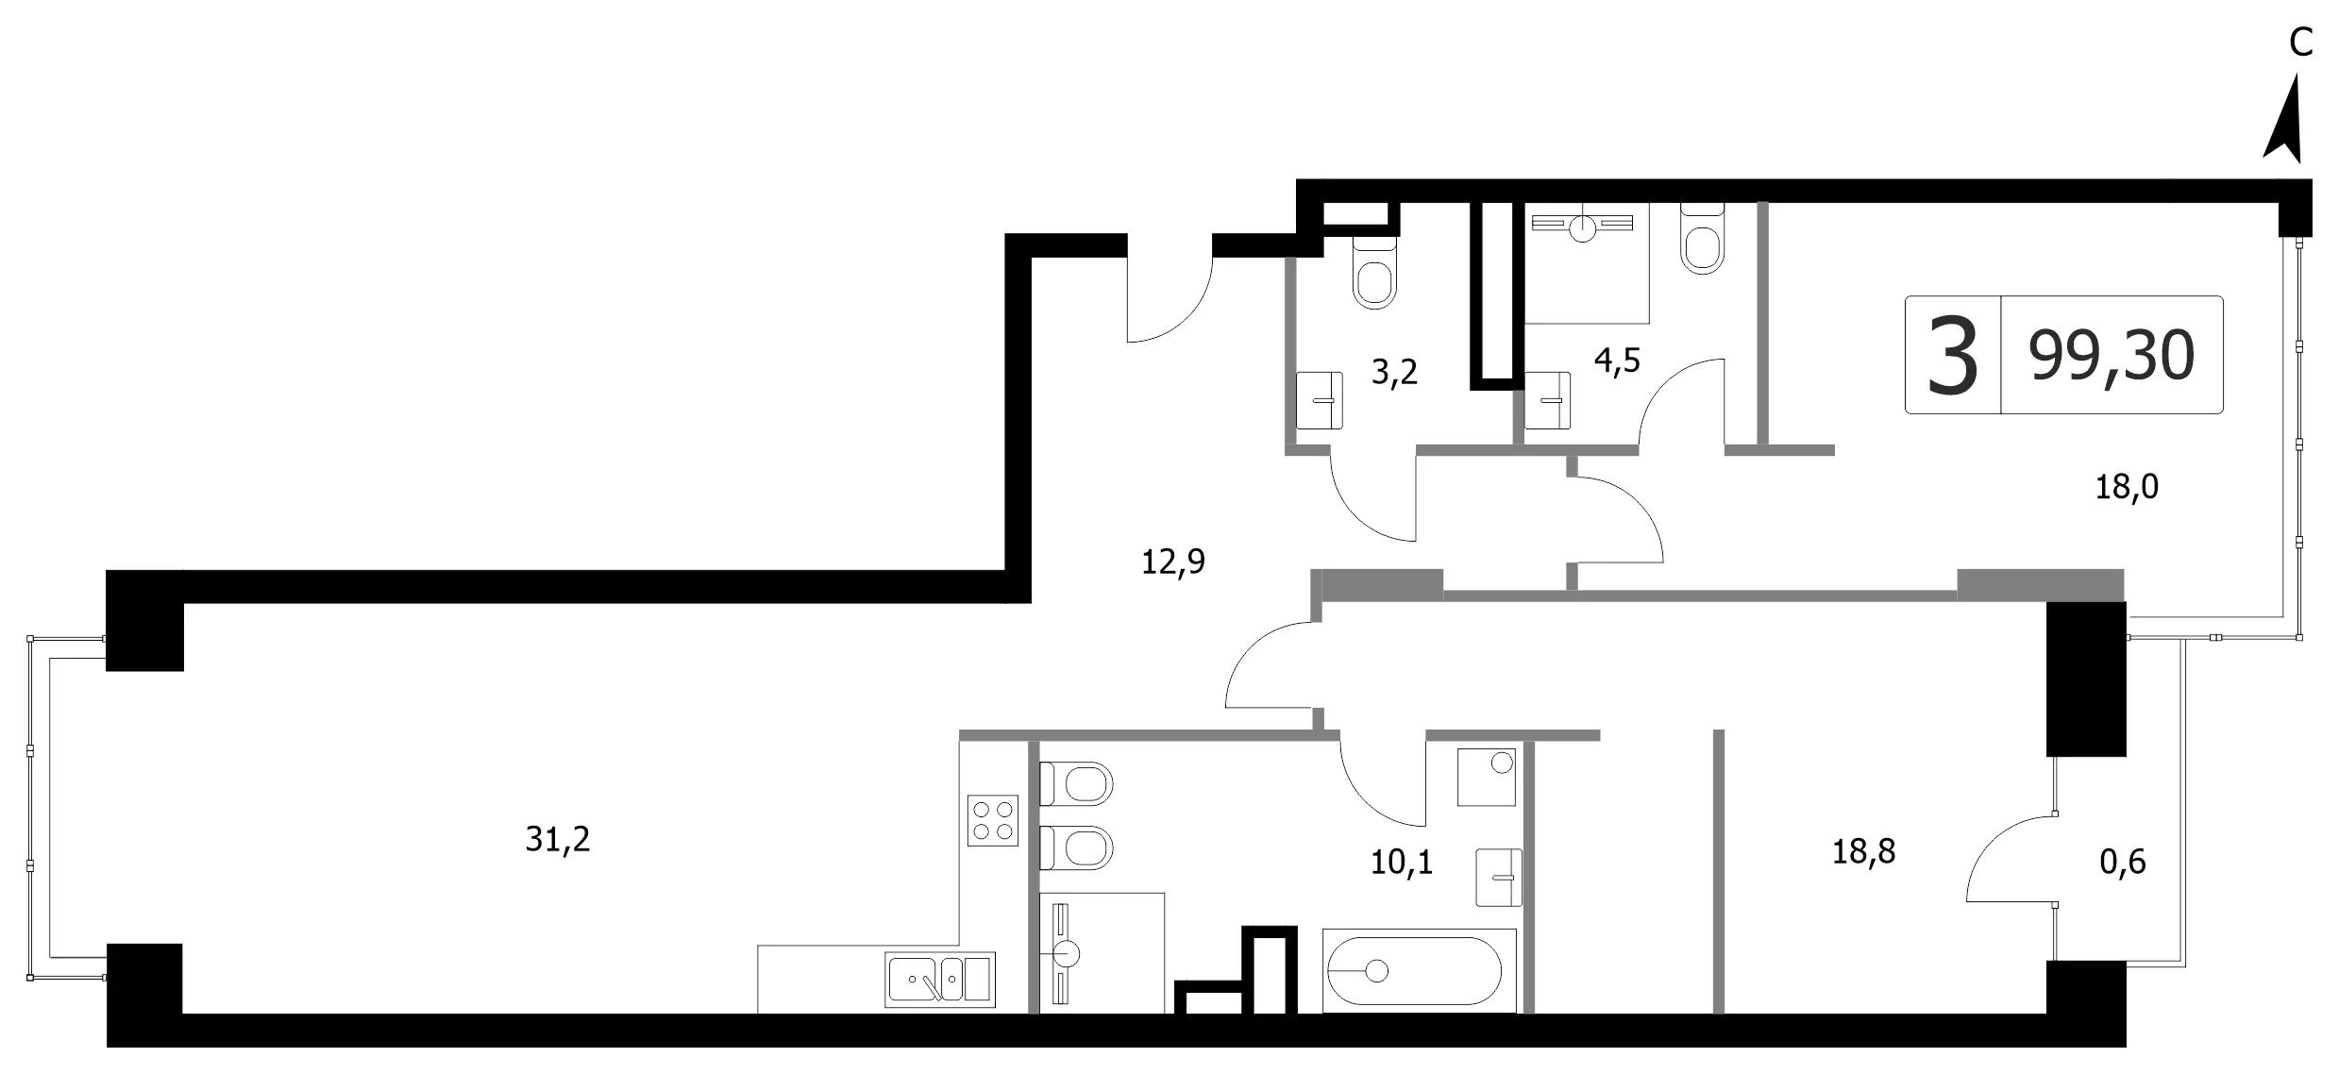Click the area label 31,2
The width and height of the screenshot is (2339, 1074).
pos(558,838)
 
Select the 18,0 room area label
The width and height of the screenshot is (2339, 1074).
pos(2127,487)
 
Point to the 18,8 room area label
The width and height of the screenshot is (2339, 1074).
pos(1863,851)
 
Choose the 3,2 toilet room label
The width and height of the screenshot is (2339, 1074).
pos(1394,373)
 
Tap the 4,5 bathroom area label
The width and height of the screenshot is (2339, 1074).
pos(1617,361)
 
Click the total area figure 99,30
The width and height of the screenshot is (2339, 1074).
pos(2112,356)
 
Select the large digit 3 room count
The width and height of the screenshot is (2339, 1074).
pos(1953,356)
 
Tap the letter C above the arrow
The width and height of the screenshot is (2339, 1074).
pos(2300,42)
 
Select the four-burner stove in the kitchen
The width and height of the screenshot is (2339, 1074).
pos(993,820)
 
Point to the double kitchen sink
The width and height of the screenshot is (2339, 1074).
pos(940,980)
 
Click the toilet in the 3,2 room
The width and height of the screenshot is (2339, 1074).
pos(1374,271)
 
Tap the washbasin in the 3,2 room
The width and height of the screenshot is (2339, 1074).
pos(1320,400)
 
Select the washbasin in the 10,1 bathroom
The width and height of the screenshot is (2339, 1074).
pos(1499,878)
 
